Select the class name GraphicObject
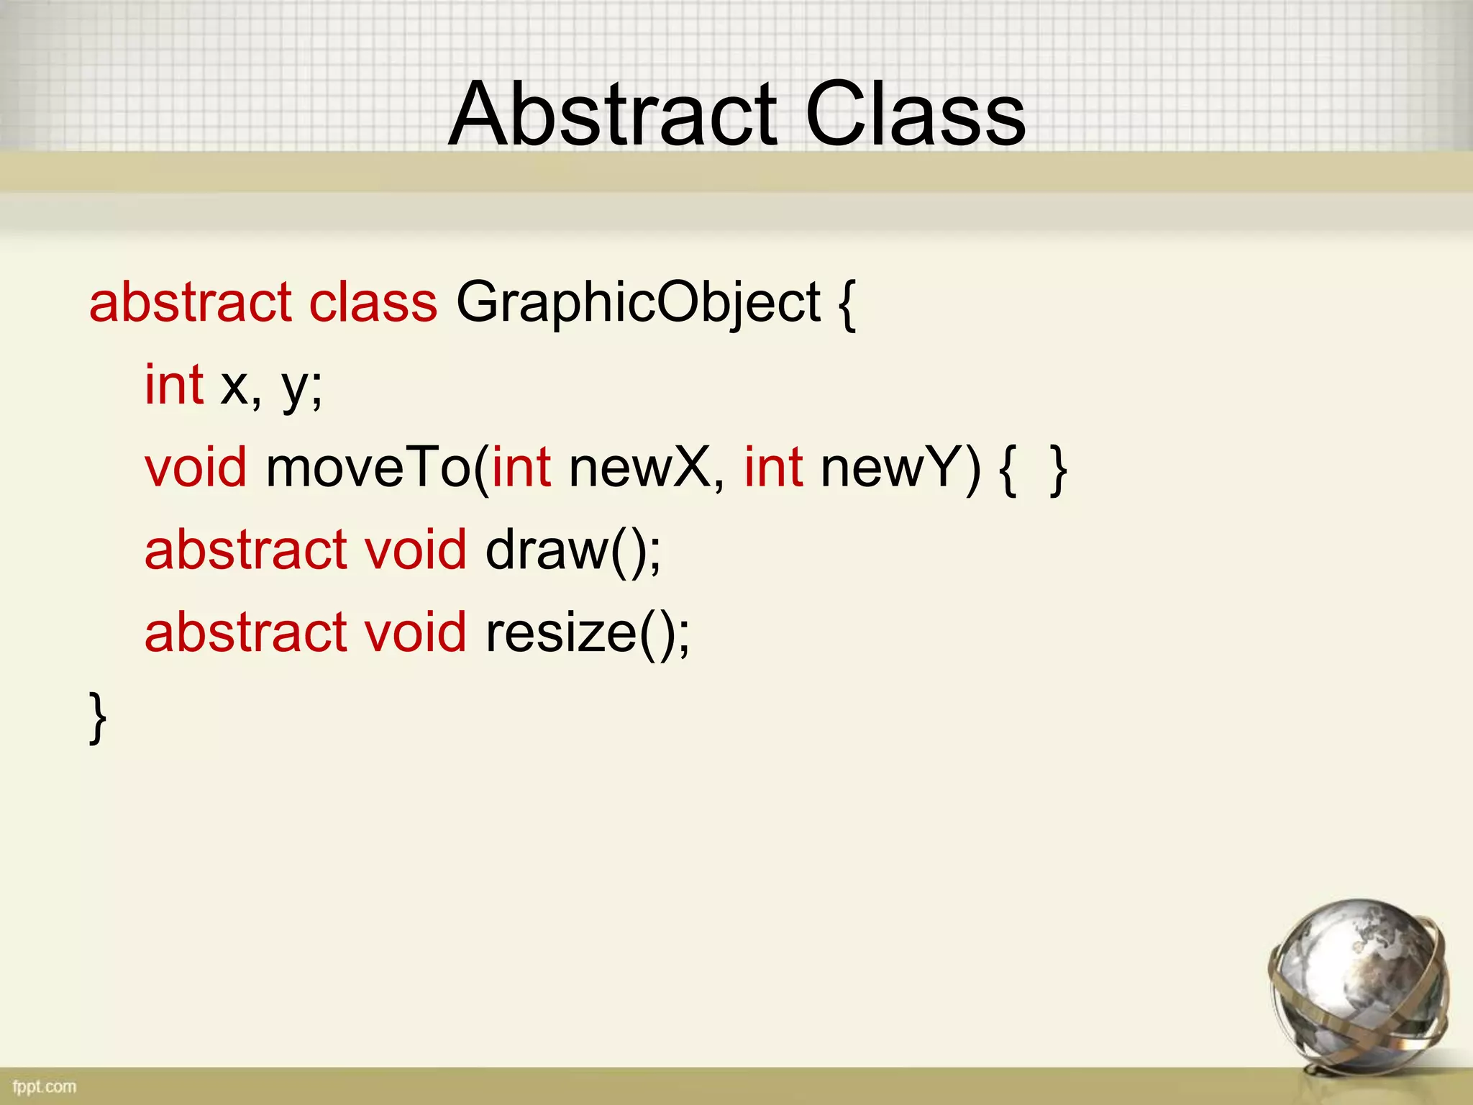click(638, 303)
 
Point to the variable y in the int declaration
click(296, 388)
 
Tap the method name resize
click(561, 633)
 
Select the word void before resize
click(416, 633)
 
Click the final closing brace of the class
click(98, 717)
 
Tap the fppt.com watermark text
click(45, 1086)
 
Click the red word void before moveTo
click(196, 468)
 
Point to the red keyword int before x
click(174, 386)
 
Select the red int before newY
click(773, 468)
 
